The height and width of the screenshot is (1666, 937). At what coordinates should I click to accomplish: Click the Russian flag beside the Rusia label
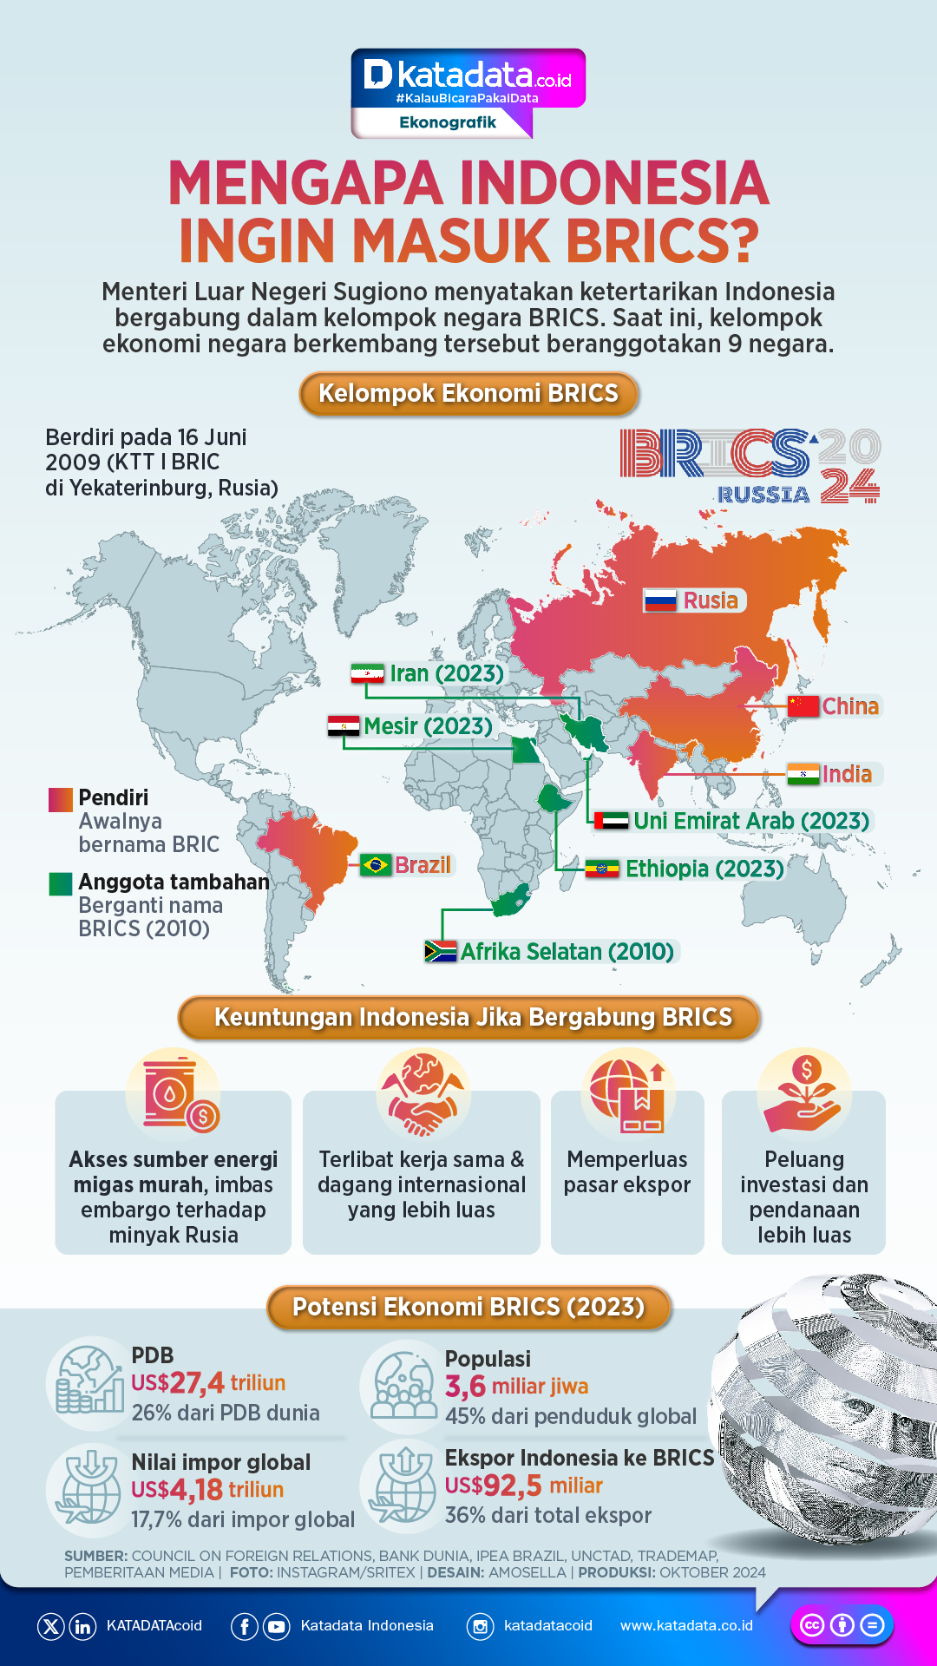(660, 600)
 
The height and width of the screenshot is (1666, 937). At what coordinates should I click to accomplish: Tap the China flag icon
(803, 706)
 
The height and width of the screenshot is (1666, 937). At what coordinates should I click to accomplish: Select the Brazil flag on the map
(376, 865)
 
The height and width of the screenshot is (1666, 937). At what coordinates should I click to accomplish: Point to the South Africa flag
(441, 951)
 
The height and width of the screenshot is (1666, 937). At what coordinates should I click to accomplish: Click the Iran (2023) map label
(446, 673)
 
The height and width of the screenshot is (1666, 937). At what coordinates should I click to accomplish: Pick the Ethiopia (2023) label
(704, 869)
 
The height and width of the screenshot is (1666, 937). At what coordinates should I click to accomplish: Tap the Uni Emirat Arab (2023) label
(751, 821)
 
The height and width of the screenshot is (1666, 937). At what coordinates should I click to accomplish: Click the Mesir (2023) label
(428, 725)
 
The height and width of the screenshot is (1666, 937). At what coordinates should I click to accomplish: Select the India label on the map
(847, 774)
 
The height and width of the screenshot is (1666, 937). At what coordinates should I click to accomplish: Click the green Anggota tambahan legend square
(61, 883)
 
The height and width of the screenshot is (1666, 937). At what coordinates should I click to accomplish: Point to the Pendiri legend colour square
(61, 799)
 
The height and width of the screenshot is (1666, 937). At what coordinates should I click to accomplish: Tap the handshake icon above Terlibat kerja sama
(423, 1094)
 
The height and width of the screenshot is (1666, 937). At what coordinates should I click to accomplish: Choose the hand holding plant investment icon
(803, 1094)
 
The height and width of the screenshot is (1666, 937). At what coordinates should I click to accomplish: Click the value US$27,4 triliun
(208, 1382)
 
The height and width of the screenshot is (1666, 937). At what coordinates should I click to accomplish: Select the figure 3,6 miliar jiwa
(516, 1386)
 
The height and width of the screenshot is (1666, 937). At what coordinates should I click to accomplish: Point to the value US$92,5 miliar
(523, 1486)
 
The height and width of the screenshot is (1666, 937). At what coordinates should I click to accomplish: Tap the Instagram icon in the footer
(480, 1626)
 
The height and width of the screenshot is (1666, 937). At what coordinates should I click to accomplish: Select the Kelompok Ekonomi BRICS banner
(468, 394)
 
